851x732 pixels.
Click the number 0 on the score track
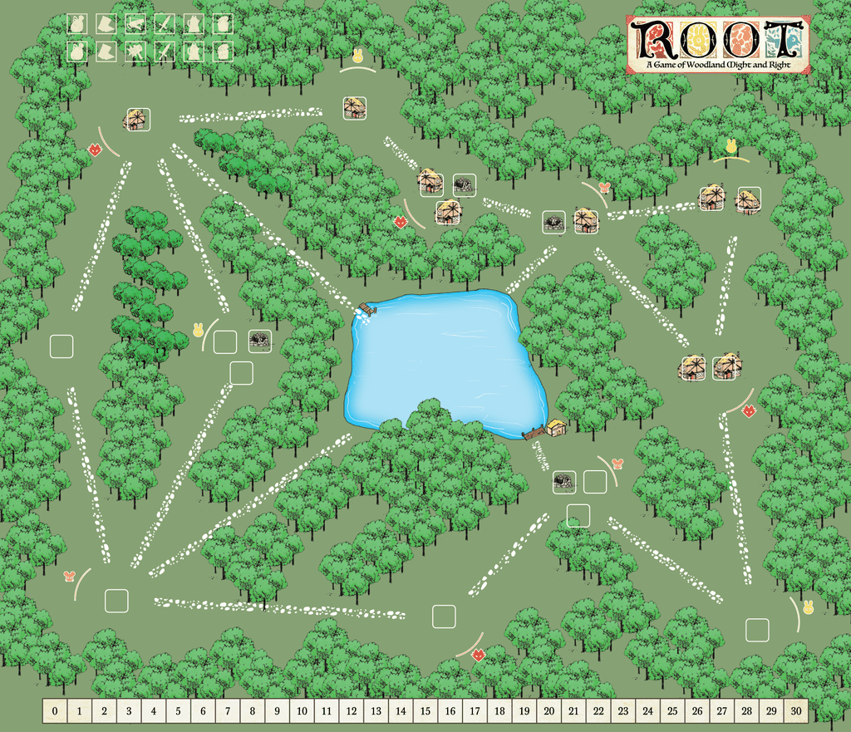click(55, 710)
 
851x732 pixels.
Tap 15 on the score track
click(425, 710)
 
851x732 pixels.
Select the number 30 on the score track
click(796, 710)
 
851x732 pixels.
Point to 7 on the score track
click(228, 710)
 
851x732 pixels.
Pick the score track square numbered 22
click(598, 710)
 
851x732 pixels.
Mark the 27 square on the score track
click(721, 710)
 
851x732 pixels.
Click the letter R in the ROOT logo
click(650, 37)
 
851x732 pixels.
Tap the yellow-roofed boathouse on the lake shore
click(556, 427)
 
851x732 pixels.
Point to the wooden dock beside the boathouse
click(534, 433)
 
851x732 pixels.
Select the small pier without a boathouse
click(365, 309)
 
